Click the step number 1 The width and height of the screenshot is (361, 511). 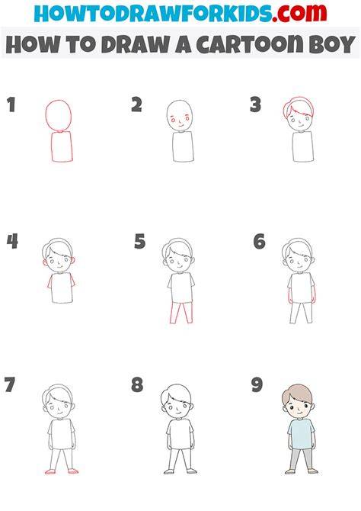pos(11,104)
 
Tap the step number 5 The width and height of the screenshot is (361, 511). pos(139,242)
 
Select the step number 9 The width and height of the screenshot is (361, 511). pos(257,384)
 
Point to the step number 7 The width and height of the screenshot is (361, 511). pos(10,384)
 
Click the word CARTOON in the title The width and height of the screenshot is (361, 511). pos(249,44)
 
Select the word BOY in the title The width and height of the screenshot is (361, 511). pos(332,45)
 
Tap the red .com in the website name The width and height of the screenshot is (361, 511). pos(299,14)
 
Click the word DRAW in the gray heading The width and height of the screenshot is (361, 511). pos(135,45)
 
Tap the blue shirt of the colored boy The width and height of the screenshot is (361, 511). pos(302,433)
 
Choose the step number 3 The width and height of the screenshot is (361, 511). pos(256,105)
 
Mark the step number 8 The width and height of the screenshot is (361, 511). pos(137,384)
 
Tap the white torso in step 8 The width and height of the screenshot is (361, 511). pos(180,434)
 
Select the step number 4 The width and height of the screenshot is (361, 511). pos(12,242)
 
